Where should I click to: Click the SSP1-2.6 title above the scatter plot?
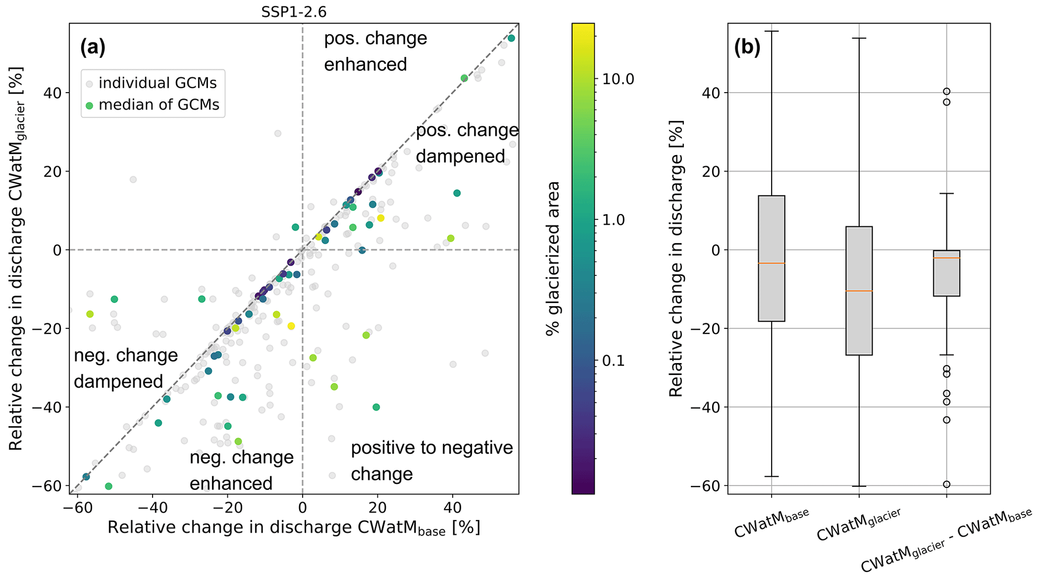(294, 12)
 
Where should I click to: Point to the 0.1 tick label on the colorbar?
(613, 360)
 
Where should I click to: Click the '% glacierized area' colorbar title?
(553, 258)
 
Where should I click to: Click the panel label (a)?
(93, 47)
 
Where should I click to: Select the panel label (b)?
(747, 47)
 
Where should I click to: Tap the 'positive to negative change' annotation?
(432, 461)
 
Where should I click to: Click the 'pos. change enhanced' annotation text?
(375, 51)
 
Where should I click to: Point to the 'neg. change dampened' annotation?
(125, 369)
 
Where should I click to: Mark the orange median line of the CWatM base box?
(771, 263)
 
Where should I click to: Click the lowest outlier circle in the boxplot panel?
(946, 484)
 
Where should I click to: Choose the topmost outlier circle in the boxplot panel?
(946, 92)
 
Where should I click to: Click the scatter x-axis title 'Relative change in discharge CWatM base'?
(294, 528)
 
